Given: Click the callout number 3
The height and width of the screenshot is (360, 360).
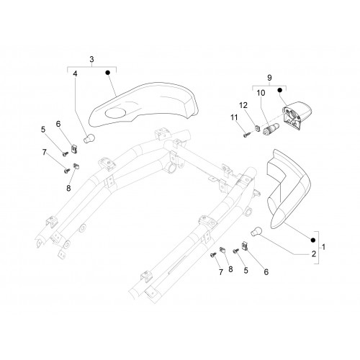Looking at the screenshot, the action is tap(91, 60).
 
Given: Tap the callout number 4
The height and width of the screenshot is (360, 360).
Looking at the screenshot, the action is tap(76, 74).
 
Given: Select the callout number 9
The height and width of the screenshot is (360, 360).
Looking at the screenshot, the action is tap(269, 78).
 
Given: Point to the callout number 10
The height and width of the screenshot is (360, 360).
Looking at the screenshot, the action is tap(261, 93).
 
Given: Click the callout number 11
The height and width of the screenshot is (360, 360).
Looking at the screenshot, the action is tap(234, 117).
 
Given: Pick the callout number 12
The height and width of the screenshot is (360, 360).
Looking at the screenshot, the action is tap(243, 105).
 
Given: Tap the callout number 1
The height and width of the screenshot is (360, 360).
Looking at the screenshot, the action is tap(323, 247).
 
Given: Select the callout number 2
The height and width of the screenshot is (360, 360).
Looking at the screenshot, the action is tap(314, 254).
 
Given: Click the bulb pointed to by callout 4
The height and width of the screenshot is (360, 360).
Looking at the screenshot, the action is tap(89, 139).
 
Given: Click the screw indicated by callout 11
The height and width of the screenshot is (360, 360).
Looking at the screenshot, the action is tap(246, 135).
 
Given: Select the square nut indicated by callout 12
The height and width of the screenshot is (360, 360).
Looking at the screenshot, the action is tap(258, 127).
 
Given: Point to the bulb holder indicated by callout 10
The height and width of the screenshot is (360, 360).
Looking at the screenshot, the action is tap(271, 129).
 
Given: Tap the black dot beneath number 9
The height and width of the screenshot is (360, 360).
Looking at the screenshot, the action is tap(279, 90).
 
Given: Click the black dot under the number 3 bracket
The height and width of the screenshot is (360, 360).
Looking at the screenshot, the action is tap(108, 72).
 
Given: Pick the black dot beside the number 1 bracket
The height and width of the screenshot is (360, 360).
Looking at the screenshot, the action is tap(312, 240).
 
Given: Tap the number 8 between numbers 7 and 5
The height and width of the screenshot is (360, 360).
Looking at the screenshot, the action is tap(230, 269).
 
